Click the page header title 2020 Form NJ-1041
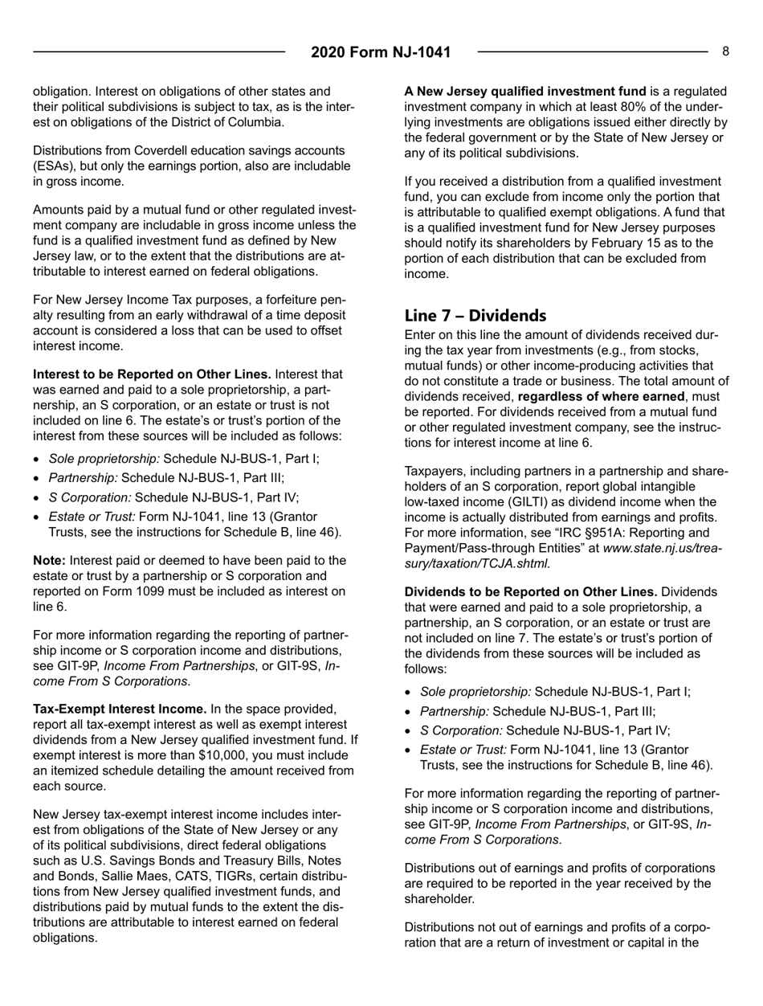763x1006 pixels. [x=381, y=53]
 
